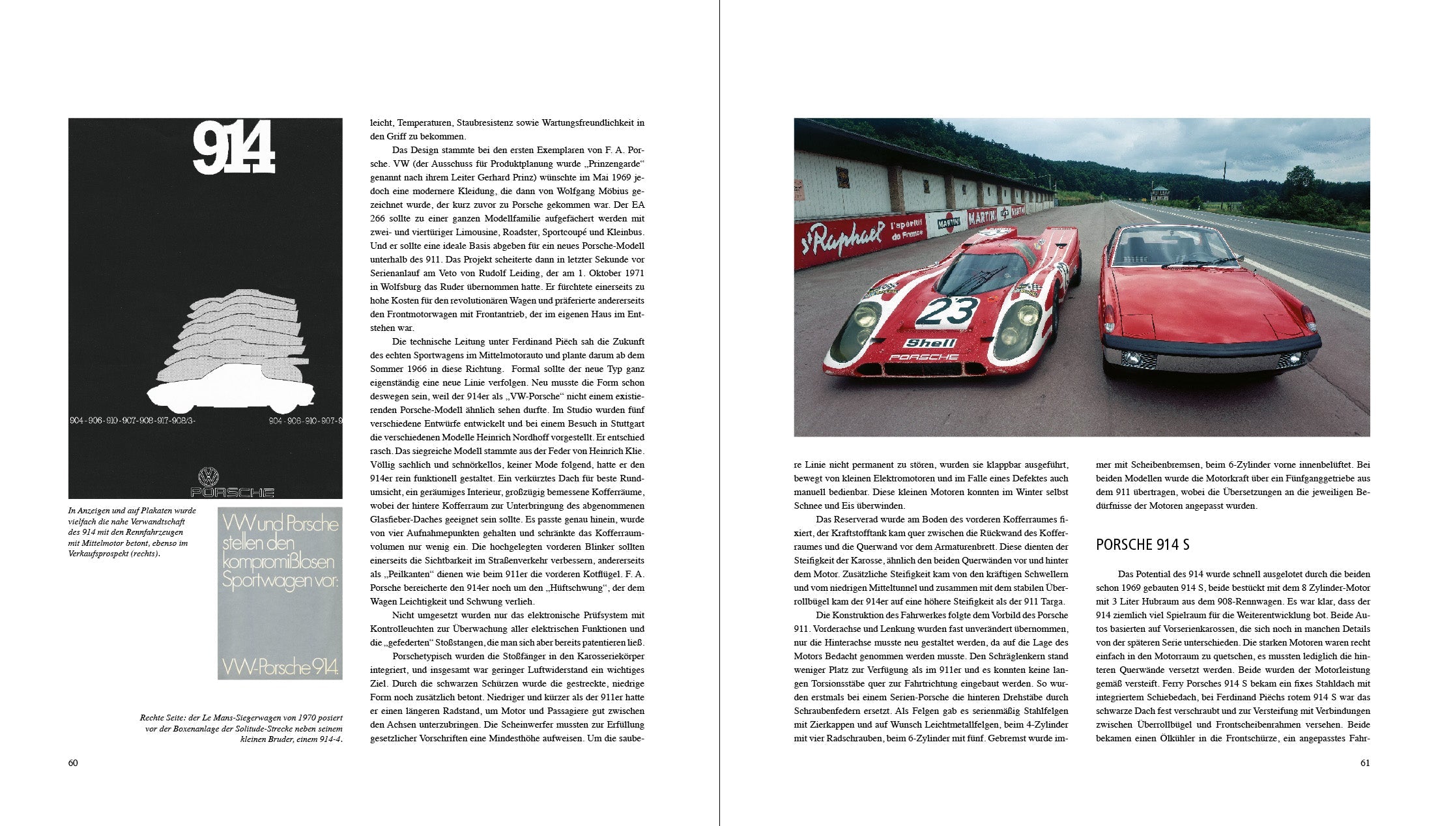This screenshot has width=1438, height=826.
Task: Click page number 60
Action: point(73,763)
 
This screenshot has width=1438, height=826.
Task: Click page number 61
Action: point(1365,763)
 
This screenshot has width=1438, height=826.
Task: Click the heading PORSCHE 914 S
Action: point(1142,545)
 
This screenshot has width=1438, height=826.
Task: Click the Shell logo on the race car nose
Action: point(930,343)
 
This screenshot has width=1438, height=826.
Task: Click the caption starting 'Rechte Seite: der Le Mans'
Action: point(241,728)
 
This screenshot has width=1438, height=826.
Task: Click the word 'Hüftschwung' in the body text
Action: point(582,588)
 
